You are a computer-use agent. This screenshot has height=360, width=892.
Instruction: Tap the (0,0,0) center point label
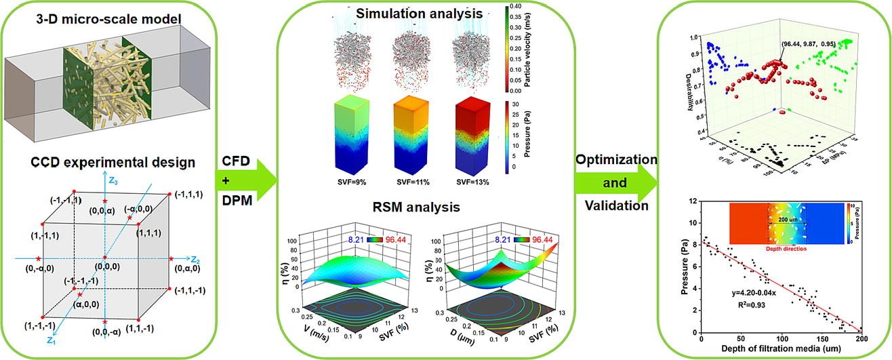pos(104,267)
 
